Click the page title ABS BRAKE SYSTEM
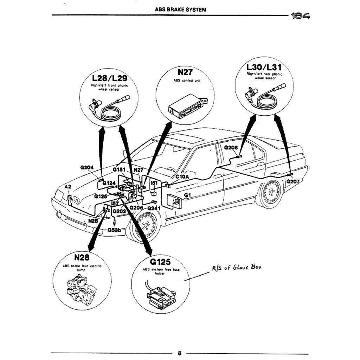pos(180,10)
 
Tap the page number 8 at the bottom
pos(179,353)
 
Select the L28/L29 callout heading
pos(109,78)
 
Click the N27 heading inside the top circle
pos(185,72)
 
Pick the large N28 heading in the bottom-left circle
pos(82,258)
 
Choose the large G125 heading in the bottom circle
pos(160,262)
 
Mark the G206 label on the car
pos(231,148)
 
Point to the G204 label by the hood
pos(87,168)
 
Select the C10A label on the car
pos(182,177)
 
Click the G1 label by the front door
pos(187,195)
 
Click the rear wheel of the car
pos(271,192)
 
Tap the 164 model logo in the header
pos(300,15)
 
